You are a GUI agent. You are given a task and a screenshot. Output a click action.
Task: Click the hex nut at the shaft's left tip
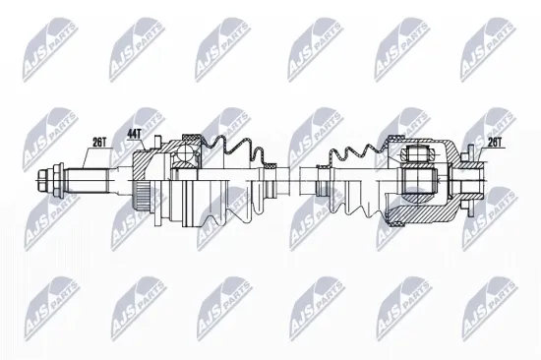click(43, 181)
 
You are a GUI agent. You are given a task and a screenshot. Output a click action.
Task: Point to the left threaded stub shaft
click(84, 181)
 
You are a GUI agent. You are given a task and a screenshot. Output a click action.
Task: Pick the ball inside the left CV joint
click(184, 149)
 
